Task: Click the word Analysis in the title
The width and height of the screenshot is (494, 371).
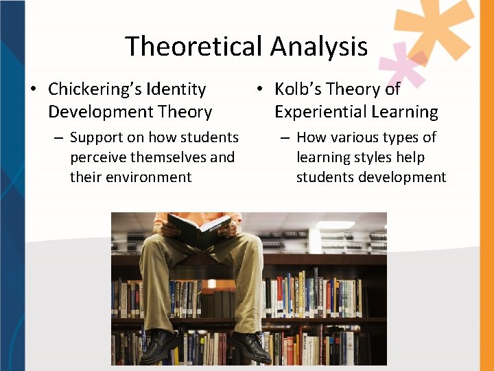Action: tap(319, 47)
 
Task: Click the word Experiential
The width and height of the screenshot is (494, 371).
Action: tap(314, 111)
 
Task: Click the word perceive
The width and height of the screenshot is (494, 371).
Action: tap(98, 157)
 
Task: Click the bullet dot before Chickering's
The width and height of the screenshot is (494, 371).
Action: tap(32, 90)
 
